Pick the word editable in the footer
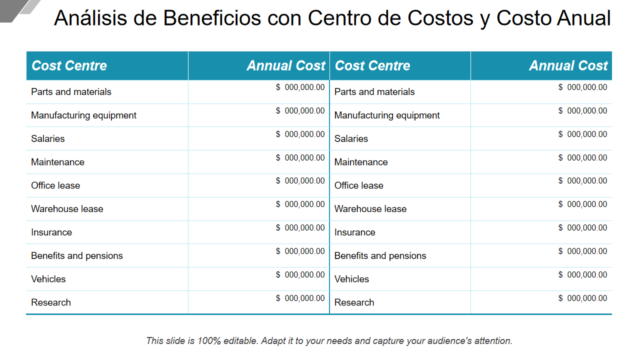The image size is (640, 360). [240, 341]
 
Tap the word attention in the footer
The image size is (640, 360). [493, 341]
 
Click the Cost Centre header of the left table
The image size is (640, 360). [69, 65]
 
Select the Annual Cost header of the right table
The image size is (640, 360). [568, 65]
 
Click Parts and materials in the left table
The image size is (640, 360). [71, 92]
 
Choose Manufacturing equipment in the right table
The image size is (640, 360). [387, 115]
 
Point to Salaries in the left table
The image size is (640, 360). [48, 139]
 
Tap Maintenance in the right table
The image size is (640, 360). [361, 162]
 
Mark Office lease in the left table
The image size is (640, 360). [55, 185]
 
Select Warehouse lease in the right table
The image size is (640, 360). [370, 209]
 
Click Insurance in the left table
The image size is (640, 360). [51, 232]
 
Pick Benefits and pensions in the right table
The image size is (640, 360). [380, 256]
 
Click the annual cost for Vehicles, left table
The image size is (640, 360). [300, 275]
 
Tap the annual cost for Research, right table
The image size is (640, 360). [583, 298]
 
